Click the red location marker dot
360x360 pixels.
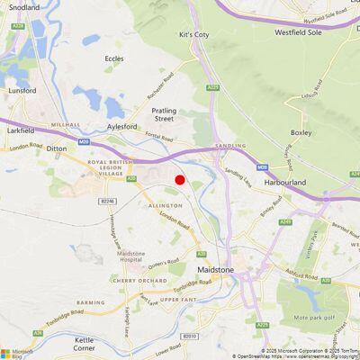click(180, 180)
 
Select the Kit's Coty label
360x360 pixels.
click(193, 34)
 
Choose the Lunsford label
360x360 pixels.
click(22, 91)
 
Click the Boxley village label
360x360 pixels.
click(301, 132)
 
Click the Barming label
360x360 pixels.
click(90, 302)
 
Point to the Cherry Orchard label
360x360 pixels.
click(130, 280)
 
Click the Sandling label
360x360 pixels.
click(231, 145)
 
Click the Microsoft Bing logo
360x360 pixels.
click(17, 352)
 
